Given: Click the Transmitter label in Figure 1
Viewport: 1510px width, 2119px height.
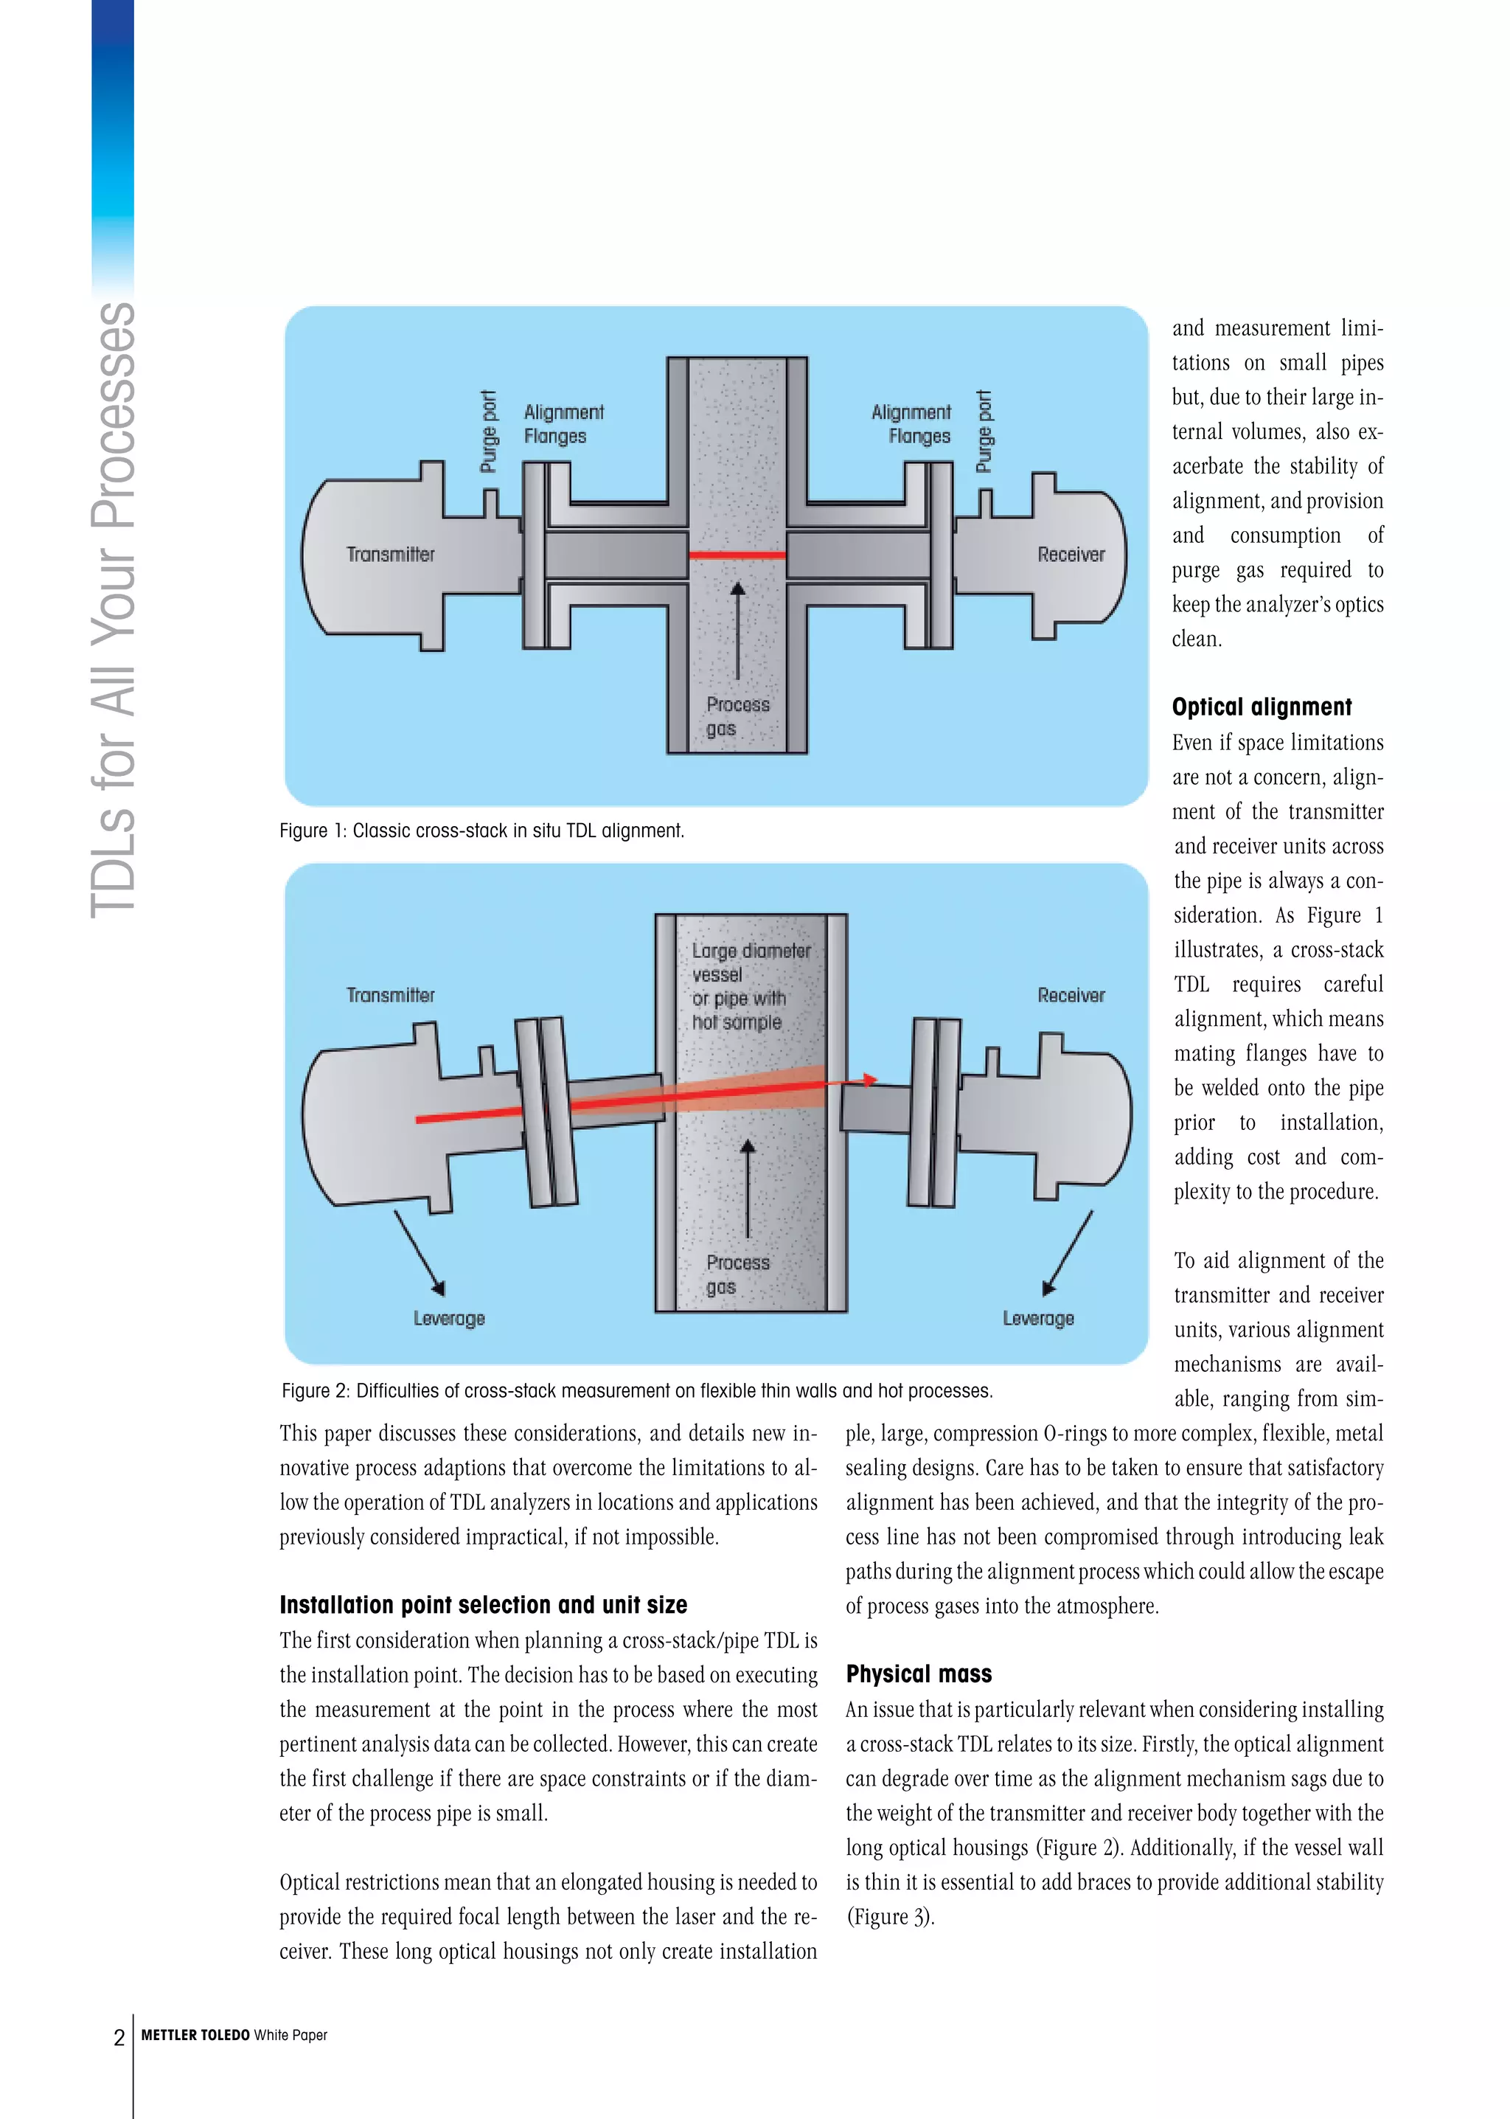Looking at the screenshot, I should click(391, 555).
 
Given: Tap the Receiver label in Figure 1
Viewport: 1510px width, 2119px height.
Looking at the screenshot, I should click(1071, 555).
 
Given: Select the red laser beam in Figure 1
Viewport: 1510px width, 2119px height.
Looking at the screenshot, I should click(737, 555).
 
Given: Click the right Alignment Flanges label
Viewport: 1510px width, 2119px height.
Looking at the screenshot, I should click(912, 424).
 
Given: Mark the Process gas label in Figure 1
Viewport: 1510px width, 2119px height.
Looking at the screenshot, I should click(737, 716).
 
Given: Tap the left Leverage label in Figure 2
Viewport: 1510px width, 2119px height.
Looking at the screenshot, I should click(449, 1318).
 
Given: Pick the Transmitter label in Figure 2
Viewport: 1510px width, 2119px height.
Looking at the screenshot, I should click(391, 995).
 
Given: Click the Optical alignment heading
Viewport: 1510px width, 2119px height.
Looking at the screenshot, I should click(1262, 707).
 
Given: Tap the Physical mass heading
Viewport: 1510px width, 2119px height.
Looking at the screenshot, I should click(919, 1674).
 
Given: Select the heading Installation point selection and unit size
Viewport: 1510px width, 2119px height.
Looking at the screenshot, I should click(484, 1605).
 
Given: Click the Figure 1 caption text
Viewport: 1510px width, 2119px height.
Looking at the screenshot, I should click(481, 830).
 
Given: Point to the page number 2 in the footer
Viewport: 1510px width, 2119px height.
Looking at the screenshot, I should click(119, 2037).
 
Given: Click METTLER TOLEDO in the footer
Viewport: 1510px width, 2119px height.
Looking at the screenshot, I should click(195, 2035).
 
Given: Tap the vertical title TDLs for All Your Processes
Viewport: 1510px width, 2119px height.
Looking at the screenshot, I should click(114, 609).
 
